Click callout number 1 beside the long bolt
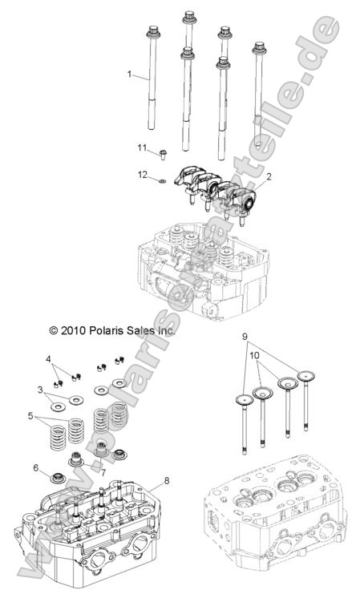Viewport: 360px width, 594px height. point(129,74)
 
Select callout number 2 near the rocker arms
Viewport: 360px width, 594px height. point(269,176)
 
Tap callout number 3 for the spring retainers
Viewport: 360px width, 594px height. point(39,390)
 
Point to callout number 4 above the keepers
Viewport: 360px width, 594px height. point(48,358)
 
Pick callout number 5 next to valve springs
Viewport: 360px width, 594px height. point(31,417)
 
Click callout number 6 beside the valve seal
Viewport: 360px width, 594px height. point(35,467)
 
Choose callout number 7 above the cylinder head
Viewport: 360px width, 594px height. point(103,472)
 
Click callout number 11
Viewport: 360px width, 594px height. point(142,147)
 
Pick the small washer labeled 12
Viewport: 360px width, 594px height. point(160,182)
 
